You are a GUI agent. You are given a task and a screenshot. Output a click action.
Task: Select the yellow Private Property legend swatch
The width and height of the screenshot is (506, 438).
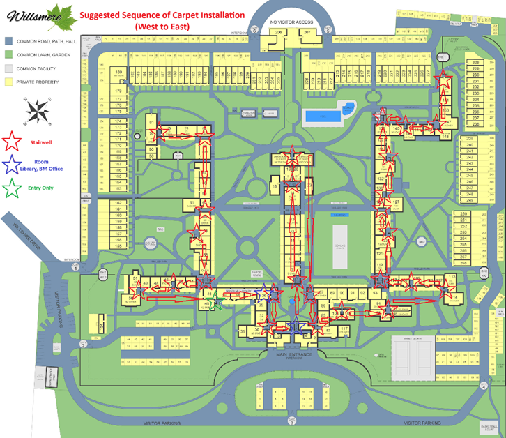coord(8,82)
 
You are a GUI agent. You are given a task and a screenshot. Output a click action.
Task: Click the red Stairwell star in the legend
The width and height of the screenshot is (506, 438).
coord(12,142)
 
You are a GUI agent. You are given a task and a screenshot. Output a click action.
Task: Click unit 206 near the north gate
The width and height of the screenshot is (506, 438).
coord(279,33)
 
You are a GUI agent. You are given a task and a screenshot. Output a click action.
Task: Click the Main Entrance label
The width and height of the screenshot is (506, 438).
coord(293,354)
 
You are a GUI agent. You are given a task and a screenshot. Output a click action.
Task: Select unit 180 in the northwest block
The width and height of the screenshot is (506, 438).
coord(119,82)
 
